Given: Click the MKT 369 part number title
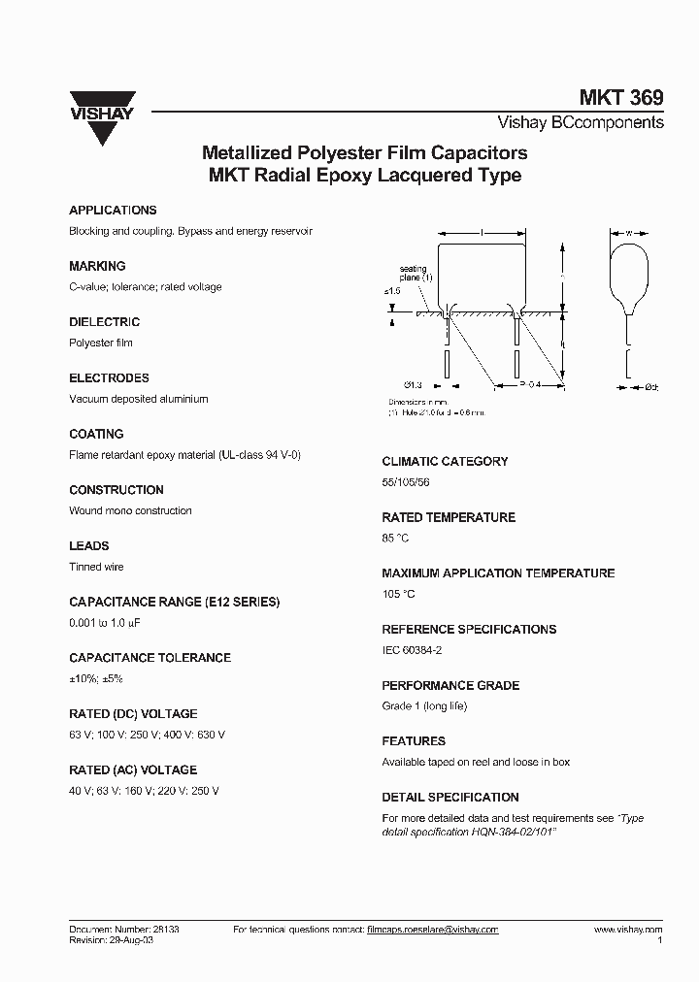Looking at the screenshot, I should [x=621, y=97].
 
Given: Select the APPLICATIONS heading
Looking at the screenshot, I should [x=113, y=210].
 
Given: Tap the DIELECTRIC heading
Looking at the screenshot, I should [x=105, y=322].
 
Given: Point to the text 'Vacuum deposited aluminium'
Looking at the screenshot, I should [x=138, y=399].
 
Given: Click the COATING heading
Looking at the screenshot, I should [x=96, y=434].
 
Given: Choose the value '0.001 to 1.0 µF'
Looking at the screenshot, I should [x=110, y=623].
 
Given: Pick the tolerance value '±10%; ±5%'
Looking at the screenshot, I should [x=96, y=679].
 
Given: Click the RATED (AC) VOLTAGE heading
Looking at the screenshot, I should [x=133, y=769].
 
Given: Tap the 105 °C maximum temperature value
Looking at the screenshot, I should [x=399, y=594].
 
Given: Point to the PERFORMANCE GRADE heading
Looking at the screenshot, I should [x=450, y=685].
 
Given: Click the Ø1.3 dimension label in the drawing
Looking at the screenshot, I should [x=412, y=385].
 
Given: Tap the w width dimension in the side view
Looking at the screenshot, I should [x=628, y=233].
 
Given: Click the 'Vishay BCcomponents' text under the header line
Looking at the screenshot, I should [x=581, y=123].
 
